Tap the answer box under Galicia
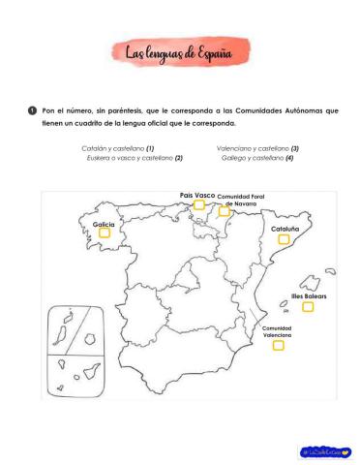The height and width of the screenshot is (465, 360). pos(105,232)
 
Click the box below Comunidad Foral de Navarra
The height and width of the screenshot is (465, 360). pos(224,211)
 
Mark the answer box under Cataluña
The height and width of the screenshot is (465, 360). pos(284,238)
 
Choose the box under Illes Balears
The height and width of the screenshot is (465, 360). pos(307,307)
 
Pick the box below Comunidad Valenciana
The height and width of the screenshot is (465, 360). pos(279,346)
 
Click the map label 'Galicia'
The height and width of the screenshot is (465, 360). pos(104,224)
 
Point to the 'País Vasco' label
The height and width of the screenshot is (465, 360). pos(197,195)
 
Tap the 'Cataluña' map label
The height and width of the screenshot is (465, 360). pos(285,229)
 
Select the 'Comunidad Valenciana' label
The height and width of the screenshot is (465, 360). pos(278,331)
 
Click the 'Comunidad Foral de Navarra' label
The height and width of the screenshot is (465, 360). pos(241,201)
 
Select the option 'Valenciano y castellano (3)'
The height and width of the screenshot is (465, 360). pos(257,148)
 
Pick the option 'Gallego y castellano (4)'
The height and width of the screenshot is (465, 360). pos(257,157)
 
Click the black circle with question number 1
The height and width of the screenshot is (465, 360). pos(32,111)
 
